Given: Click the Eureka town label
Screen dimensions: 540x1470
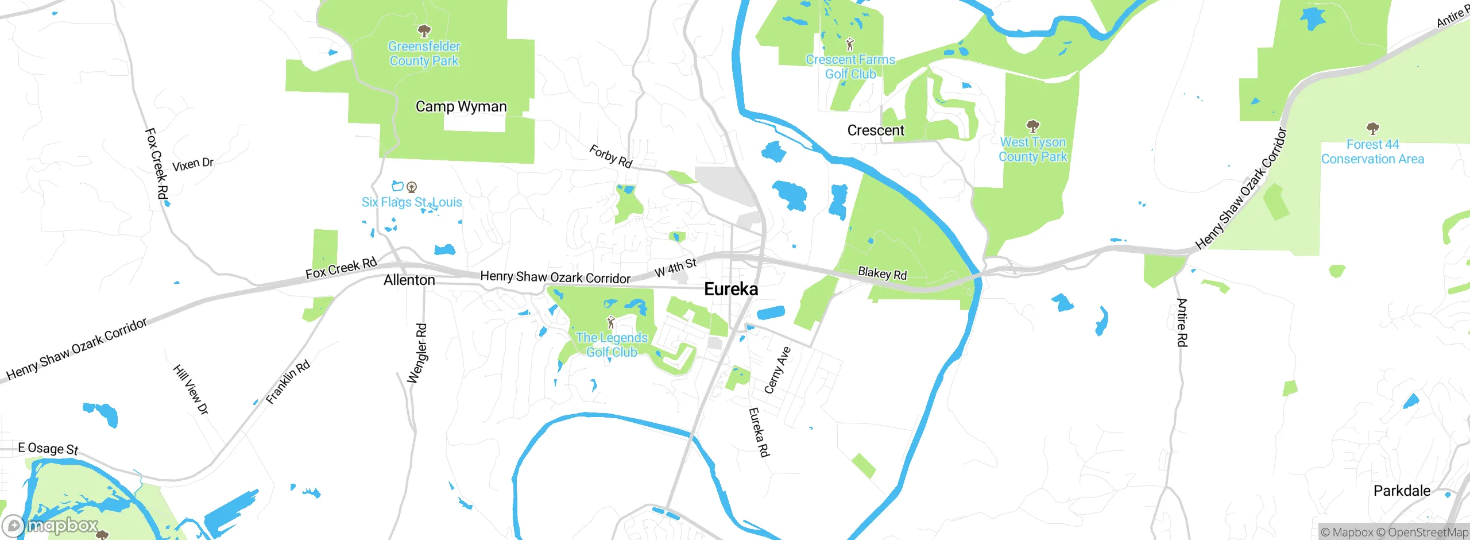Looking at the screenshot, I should coord(731,289).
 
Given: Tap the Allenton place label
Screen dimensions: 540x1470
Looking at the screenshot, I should coord(409,280).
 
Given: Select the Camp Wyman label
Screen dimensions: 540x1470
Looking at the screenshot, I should coord(461,107).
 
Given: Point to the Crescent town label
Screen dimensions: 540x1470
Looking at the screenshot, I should coord(876,130).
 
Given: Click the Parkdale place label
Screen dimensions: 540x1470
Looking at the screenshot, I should coord(1402,491).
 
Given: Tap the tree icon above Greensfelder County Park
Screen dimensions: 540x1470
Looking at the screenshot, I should coord(424,30).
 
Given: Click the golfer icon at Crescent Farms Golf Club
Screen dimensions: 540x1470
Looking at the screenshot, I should coord(850,44).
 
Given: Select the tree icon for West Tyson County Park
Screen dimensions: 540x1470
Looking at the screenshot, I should coord(1032,126).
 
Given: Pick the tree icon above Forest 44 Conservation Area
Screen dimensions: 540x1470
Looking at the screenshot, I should coord(1372,128).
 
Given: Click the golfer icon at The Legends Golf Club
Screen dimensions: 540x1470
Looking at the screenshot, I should coord(611,322).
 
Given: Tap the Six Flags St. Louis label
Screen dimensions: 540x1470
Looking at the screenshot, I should coord(412,202).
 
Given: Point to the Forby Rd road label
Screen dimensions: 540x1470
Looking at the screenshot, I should coord(611,156).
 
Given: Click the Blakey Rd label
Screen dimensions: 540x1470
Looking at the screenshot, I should coord(882,273).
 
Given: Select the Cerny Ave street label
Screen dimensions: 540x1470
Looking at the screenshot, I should coord(777,370).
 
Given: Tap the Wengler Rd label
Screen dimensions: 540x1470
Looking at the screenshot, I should coord(417,353).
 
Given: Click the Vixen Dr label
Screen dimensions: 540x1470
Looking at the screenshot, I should coord(193,164).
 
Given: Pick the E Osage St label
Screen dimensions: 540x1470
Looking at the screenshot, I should coord(48,449).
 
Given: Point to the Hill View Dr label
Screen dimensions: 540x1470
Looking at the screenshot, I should coord(191,389).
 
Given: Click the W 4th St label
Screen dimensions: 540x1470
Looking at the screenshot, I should coord(675,267).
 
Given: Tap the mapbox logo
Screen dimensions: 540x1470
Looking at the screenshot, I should coord(51,525).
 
